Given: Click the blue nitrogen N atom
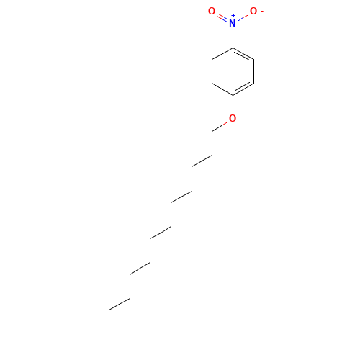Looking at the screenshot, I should coord(232,23).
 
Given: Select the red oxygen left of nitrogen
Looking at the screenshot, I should coord(212,12).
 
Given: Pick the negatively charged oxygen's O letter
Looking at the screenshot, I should coord(253,12).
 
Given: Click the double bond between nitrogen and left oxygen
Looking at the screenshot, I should coord(222,17).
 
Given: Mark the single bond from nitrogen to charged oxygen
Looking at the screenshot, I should coord(243,17).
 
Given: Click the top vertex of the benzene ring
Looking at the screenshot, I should coord(232,48).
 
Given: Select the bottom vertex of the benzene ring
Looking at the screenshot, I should coord(232,95).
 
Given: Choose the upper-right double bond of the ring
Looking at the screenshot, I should coord(243,55).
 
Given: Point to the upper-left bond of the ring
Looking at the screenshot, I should coord(222,53).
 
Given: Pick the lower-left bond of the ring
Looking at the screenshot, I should coord(222,89).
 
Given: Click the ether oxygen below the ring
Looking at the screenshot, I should coord(232,118).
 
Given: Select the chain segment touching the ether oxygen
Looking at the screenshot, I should coord(220,126).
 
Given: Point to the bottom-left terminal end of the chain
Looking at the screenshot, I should coord(109,310).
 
